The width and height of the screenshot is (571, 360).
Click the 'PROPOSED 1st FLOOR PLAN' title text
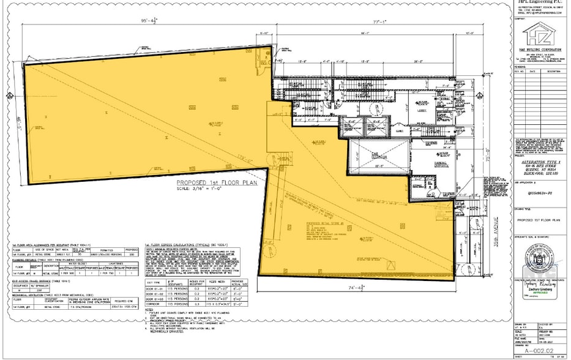point(215,182)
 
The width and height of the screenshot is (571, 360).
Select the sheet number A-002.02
point(539,344)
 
